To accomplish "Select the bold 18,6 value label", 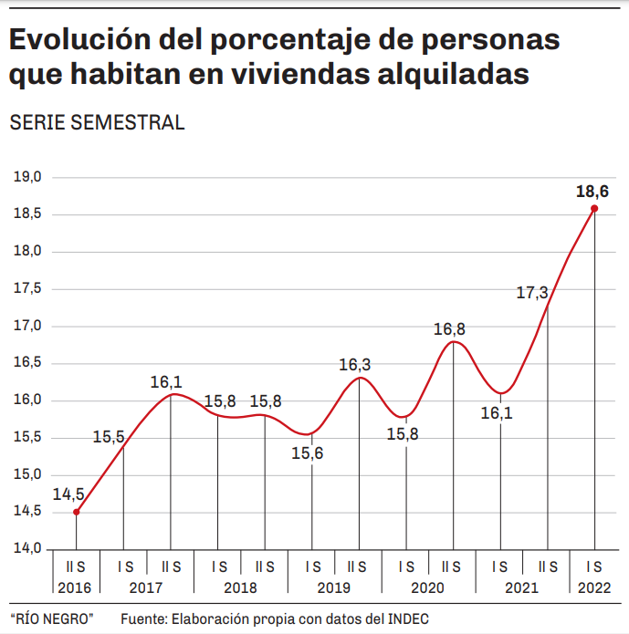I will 592,192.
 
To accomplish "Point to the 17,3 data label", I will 531,293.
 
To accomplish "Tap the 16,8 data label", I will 449,329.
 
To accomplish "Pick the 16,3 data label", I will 354,365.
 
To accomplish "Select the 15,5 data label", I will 109,437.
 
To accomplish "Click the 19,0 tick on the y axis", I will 27,177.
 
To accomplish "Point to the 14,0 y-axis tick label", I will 27,548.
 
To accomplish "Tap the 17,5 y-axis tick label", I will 27,288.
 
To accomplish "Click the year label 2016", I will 76,588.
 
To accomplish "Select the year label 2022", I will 594,588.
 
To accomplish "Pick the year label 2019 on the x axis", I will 335,588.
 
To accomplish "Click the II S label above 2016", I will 76,566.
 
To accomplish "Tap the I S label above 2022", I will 594,566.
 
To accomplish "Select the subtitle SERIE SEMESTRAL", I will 96,123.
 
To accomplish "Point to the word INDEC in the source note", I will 408,619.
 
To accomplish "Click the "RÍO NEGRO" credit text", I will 52,619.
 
